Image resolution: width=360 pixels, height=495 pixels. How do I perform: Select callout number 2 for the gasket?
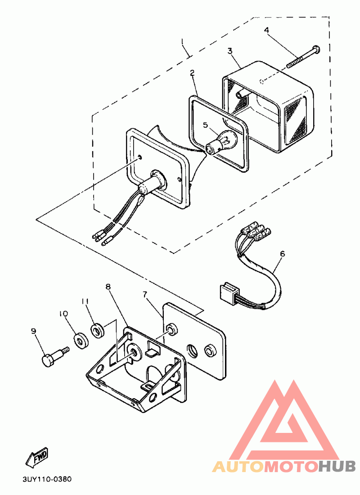click(x=192, y=72)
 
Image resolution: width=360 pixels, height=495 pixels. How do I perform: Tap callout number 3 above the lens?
click(x=230, y=51)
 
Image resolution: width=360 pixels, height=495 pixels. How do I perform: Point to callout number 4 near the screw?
click(x=266, y=30)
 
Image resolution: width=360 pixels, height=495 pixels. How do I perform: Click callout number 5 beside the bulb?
click(x=205, y=125)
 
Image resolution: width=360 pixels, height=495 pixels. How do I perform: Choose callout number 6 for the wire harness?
click(x=282, y=254)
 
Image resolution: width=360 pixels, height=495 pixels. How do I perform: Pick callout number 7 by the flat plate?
click(x=145, y=295)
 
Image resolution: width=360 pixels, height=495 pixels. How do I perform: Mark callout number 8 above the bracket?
click(x=108, y=286)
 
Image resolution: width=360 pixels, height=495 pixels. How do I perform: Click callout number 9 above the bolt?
click(x=33, y=331)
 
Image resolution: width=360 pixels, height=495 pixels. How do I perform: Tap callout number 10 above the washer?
click(x=63, y=313)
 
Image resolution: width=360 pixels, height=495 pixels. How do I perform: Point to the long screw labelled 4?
click(x=302, y=57)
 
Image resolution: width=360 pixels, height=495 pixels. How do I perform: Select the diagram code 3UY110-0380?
click(x=47, y=480)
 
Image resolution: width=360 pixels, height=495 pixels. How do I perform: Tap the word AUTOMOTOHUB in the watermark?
click(x=284, y=466)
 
